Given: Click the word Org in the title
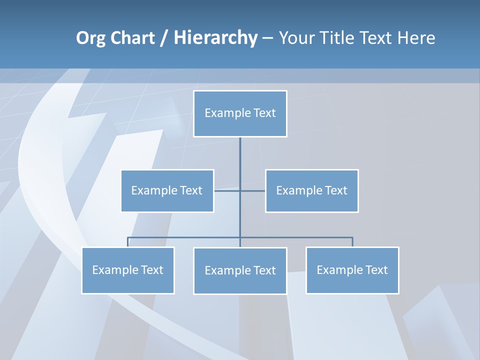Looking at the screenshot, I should click(90, 38).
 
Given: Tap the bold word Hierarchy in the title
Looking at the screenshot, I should click(215, 38).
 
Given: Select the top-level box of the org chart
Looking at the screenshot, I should click(240, 113).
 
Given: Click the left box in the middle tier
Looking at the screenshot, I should click(167, 190).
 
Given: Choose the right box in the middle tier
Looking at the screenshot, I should click(311, 190).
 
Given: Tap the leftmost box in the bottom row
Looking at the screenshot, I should click(127, 270).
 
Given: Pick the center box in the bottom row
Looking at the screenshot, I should click(240, 270).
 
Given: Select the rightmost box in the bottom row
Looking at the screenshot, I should click(352, 270).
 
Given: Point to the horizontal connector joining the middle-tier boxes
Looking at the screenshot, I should click(227, 190).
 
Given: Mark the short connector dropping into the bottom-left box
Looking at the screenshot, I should click(127, 242).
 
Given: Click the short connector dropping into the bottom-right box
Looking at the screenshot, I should click(352, 242).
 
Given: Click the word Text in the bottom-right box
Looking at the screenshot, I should click(376, 270).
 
